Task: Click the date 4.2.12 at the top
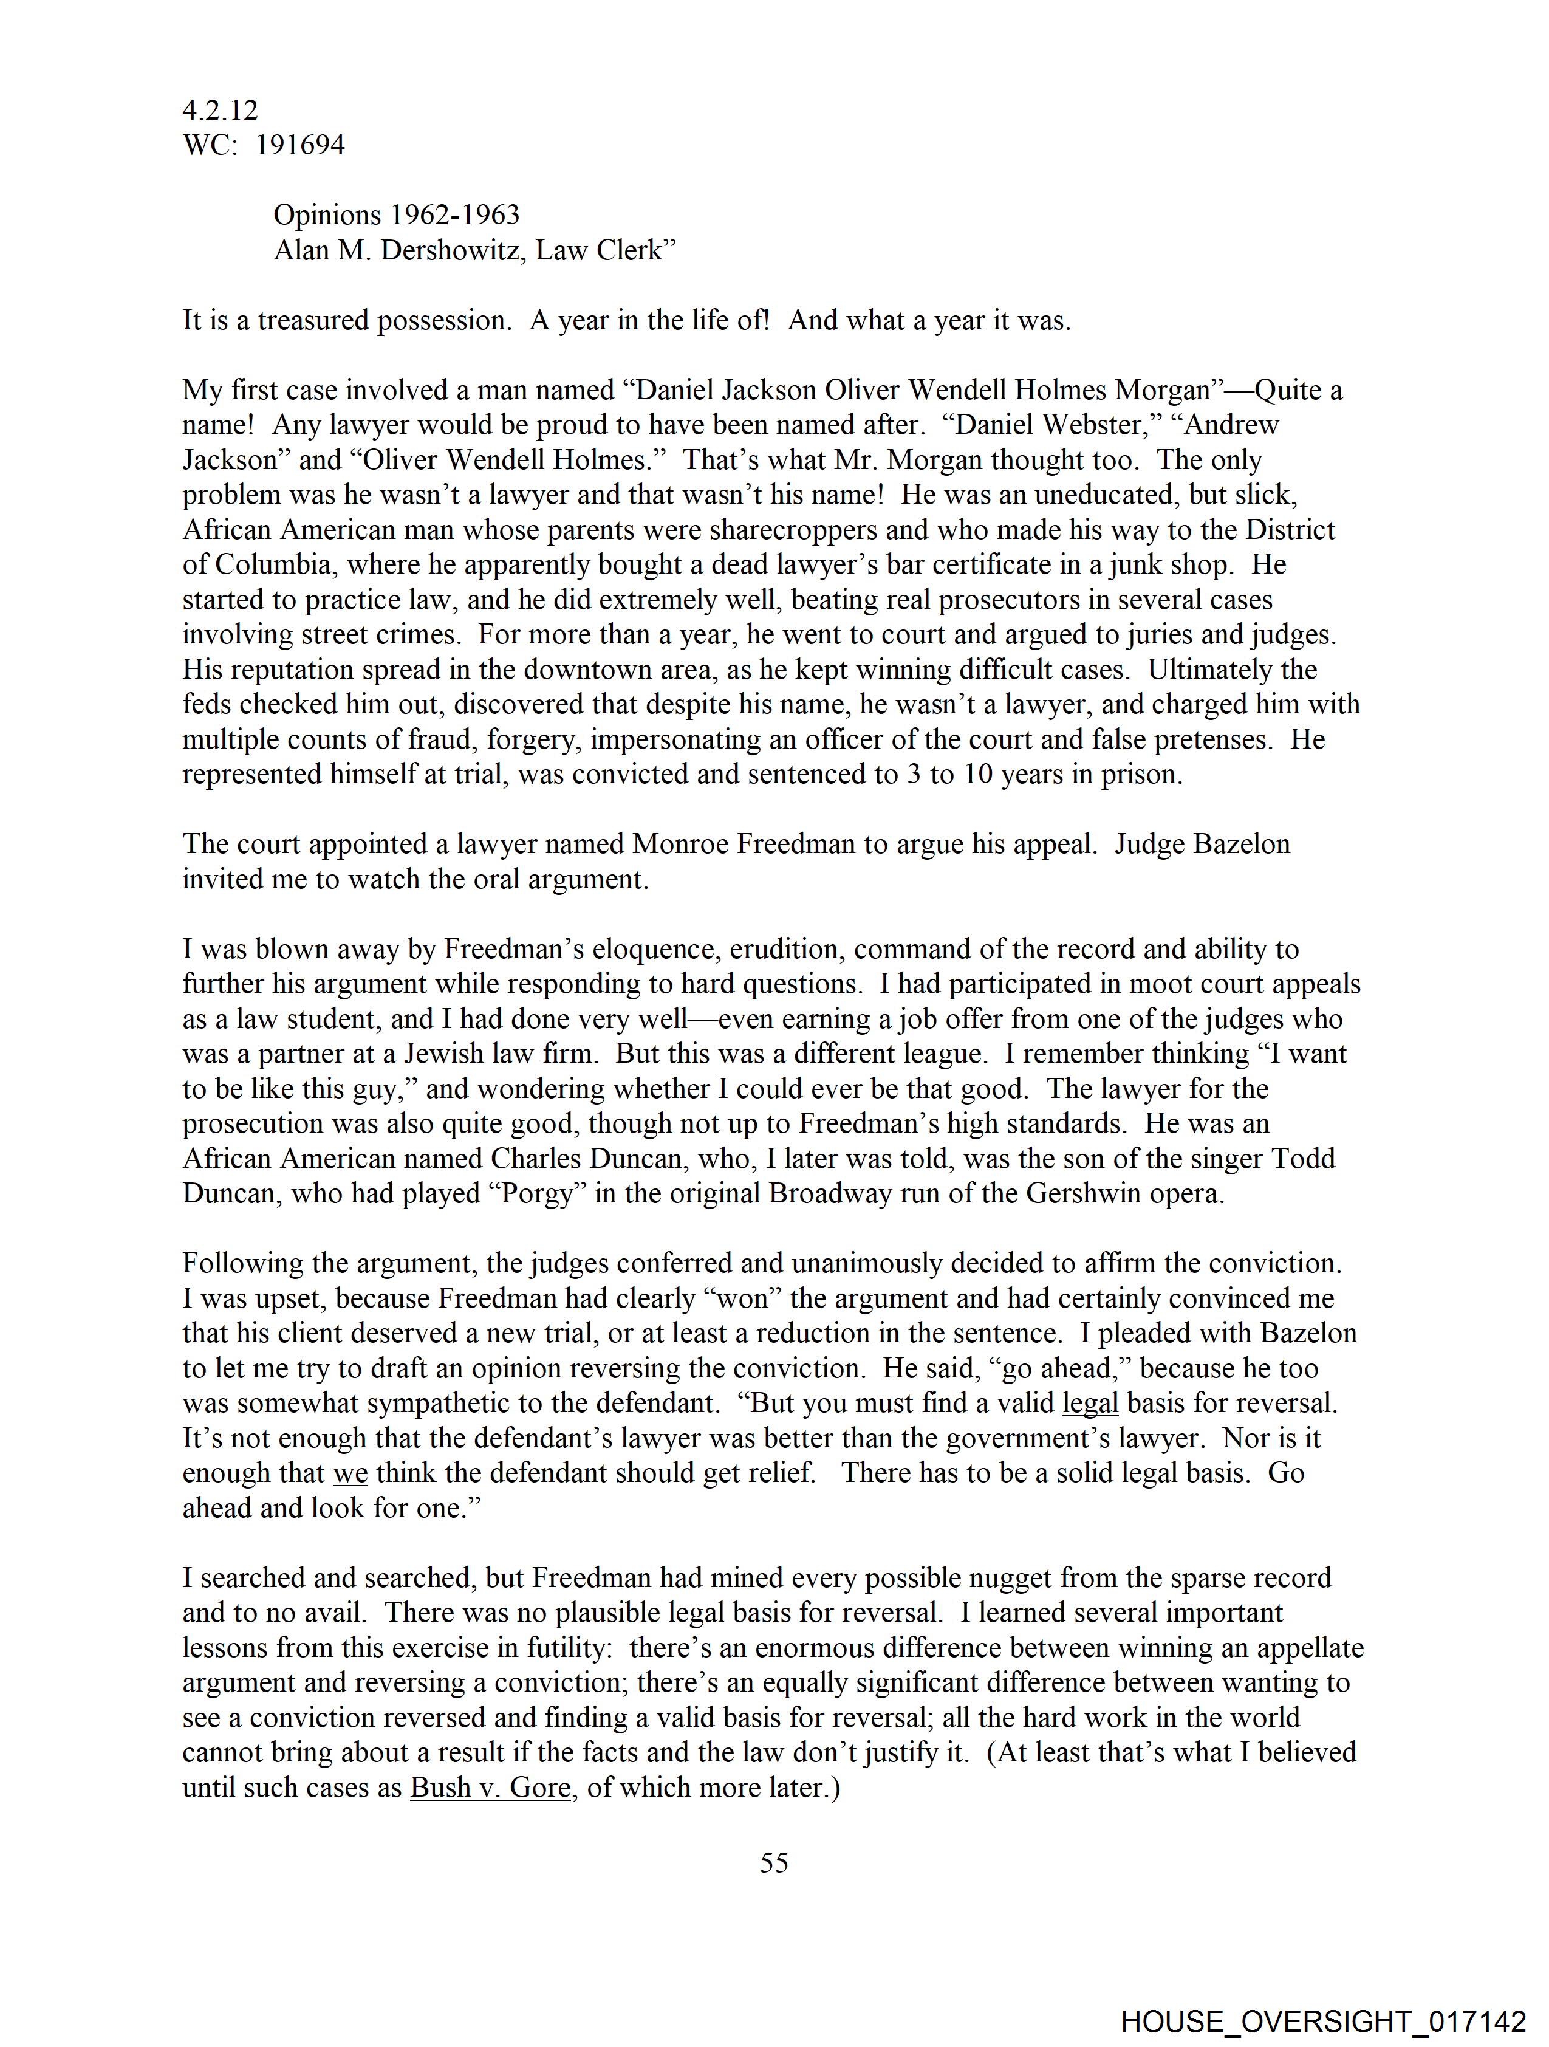pyautogui.click(x=221, y=111)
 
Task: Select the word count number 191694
pyautogui.click(x=300, y=145)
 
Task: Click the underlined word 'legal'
pyautogui.click(x=1090, y=1404)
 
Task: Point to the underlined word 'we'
pyautogui.click(x=350, y=1473)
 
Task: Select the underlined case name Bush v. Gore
pyautogui.click(x=490, y=1787)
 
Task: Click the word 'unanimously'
pyautogui.click(x=869, y=1264)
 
